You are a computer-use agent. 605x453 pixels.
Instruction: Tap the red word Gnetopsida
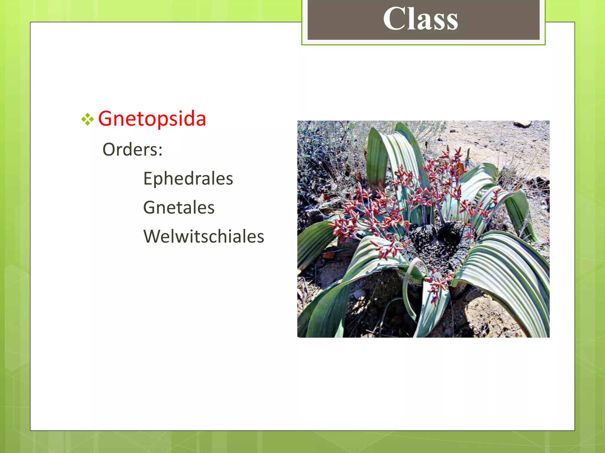pyautogui.click(x=152, y=119)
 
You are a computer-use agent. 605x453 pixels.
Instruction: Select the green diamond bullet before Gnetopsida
pyautogui.click(x=87, y=119)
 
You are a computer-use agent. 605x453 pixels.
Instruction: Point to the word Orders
pyautogui.click(x=130, y=150)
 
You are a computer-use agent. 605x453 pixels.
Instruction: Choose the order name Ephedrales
pyautogui.click(x=188, y=179)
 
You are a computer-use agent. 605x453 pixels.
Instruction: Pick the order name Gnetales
pyautogui.click(x=179, y=207)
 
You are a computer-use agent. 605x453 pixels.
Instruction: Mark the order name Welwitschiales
pyautogui.click(x=204, y=236)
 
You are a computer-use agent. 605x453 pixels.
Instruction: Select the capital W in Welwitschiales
pyautogui.click(x=152, y=236)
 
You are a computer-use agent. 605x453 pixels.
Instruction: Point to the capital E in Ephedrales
pyautogui.click(x=148, y=178)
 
